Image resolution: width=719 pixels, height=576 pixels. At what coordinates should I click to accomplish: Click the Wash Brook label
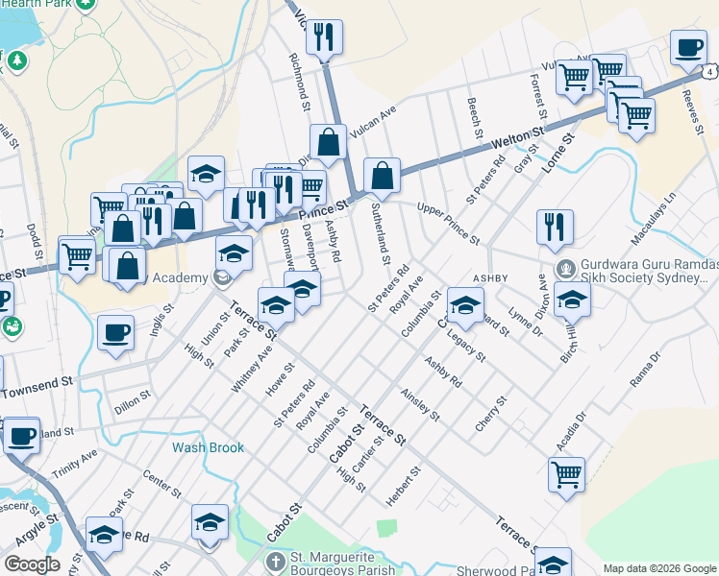click(208, 447)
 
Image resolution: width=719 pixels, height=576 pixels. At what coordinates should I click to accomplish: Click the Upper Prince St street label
click(448, 222)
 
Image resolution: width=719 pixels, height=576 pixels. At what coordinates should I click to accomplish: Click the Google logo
click(32, 564)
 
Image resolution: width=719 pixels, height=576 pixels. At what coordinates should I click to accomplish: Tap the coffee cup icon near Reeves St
click(689, 48)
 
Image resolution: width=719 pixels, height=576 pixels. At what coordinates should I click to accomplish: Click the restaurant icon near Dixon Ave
click(555, 227)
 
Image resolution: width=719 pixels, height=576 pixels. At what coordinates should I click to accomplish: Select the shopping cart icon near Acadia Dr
click(566, 472)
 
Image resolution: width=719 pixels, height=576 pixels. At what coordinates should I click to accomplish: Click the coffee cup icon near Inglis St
click(115, 332)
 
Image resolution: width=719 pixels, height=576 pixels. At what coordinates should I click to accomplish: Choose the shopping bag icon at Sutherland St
click(382, 176)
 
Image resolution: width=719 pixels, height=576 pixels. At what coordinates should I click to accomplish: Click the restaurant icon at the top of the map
click(323, 37)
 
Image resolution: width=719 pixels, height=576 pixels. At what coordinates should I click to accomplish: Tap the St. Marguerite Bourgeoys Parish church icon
click(275, 561)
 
